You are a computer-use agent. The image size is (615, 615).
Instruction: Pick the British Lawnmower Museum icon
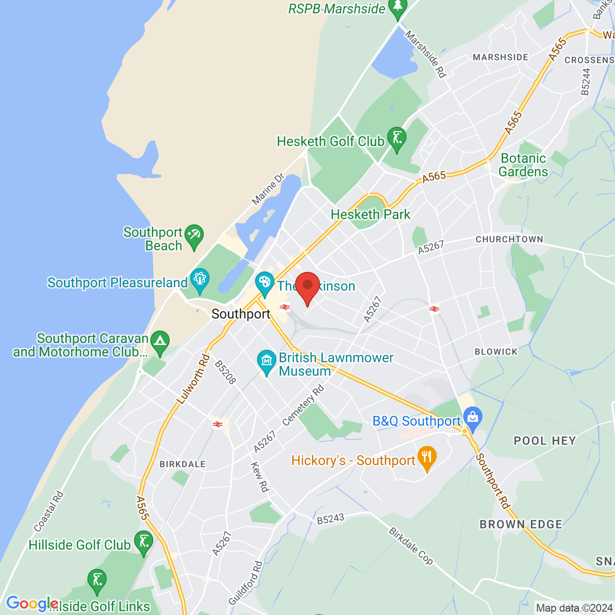tap(266, 362)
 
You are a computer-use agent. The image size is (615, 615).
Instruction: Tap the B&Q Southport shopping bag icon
tap(473, 418)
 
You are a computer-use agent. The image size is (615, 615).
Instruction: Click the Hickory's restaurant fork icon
tap(427, 458)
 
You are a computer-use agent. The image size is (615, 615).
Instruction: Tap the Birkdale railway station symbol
tap(218, 424)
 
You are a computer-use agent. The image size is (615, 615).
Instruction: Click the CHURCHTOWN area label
tap(509, 239)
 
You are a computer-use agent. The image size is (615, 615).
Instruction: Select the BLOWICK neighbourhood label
tap(496, 352)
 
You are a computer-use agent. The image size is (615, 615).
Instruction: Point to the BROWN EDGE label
tap(521, 524)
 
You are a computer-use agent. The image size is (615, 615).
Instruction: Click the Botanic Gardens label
tap(523, 165)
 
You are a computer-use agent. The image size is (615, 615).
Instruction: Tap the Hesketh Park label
tap(370, 214)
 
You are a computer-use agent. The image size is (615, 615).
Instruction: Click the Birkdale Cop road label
tap(411, 546)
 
